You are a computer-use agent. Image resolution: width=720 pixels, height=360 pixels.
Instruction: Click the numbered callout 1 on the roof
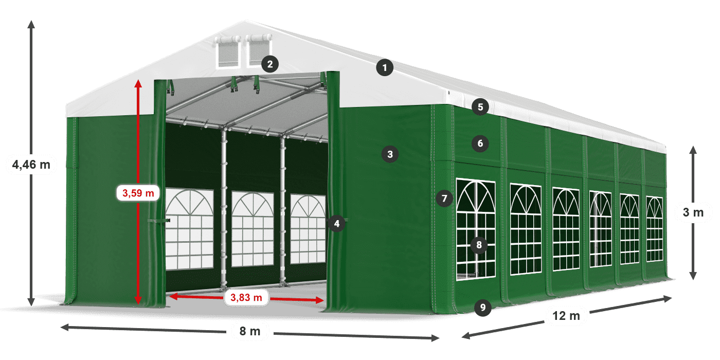point(384,67)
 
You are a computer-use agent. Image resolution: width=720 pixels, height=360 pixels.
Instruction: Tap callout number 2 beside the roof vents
point(269,64)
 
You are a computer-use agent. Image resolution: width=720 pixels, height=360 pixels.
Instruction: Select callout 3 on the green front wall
point(390,154)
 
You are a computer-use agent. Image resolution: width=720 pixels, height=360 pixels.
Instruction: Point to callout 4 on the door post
point(336,224)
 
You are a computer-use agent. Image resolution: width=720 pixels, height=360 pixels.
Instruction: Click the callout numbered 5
point(480,107)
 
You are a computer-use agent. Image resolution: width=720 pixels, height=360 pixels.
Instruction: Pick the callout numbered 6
point(480,143)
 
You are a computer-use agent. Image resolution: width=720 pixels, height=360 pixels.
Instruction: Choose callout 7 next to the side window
point(444,198)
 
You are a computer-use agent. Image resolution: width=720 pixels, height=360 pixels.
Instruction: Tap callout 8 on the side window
point(479,245)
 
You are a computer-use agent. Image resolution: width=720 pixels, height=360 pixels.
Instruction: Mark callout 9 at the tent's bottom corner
point(482,308)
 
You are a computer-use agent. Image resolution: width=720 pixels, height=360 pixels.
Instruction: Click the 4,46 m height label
point(31,165)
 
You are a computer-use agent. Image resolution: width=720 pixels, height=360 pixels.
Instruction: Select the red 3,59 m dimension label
point(138,193)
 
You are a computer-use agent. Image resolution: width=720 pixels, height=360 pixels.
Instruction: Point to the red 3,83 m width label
point(246,297)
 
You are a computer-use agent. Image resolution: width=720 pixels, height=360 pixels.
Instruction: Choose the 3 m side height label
point(693,212)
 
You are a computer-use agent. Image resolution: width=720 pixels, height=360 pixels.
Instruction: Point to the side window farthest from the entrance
point(654,229)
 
